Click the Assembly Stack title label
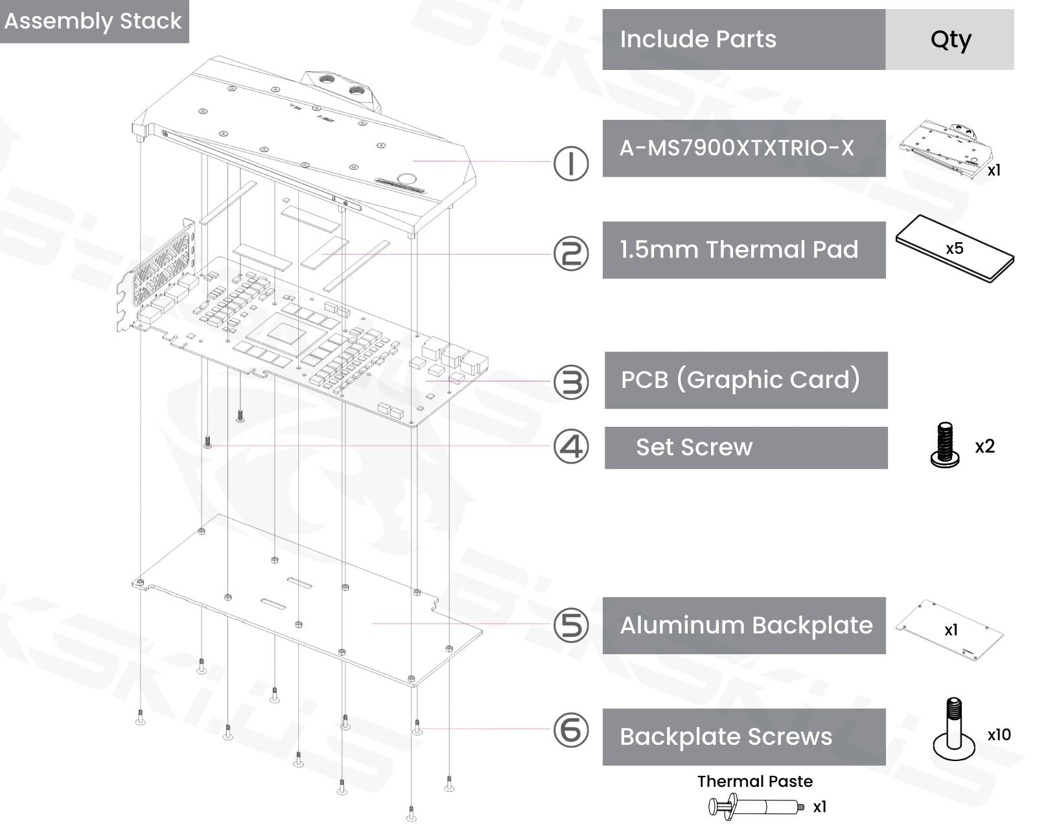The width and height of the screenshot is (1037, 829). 93,21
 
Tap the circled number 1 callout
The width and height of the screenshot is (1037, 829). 571,163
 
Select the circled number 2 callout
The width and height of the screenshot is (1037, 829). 571,253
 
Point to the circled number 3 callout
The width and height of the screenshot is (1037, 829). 571,381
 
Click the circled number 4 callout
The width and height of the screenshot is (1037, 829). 571,447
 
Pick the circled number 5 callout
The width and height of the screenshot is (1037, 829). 571,626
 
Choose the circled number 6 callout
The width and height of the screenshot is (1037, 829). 571,730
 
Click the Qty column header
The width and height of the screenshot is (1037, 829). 950,40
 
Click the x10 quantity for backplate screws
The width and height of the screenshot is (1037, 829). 999,734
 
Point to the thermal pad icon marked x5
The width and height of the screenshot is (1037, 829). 955,249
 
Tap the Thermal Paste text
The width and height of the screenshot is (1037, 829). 755,781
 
